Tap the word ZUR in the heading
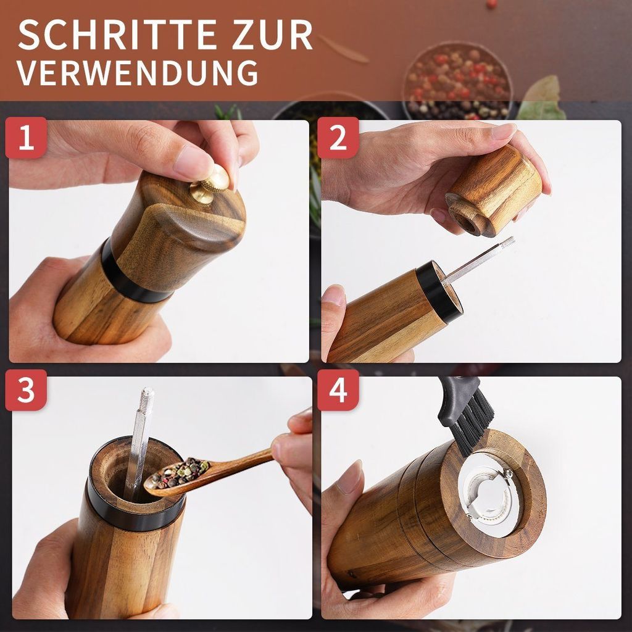pos(272,35)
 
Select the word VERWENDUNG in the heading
pos(137,73)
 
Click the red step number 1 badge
pos(26,138)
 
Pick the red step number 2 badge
pos(338,138)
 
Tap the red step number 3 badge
pos(26,390)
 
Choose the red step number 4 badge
pos(338,390)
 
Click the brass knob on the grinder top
pos(210,183)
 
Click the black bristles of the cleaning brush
pos(476,425)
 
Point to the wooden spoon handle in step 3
pos(242,459)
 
